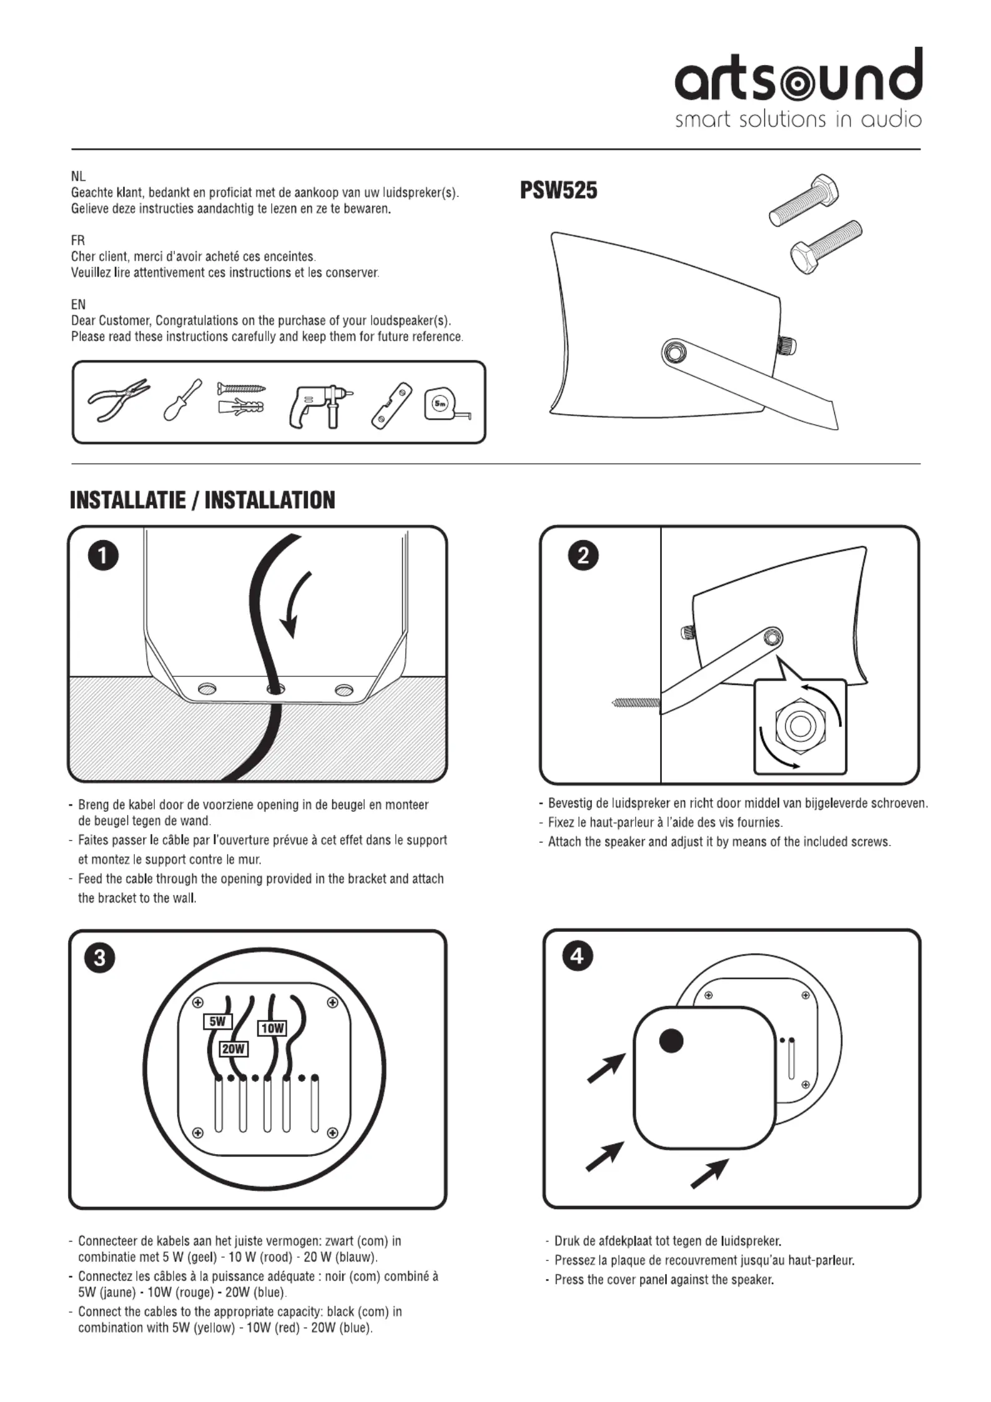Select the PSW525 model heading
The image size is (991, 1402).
point(559,190)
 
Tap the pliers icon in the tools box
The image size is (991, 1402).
point(119,400)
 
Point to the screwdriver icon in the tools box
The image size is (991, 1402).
point(182,400)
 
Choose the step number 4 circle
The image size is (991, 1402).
point(578,956)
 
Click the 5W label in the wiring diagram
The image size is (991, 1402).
point(217,1022)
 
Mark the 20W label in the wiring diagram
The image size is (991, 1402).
point(234,1049)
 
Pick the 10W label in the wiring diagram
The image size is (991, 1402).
point(272,1028)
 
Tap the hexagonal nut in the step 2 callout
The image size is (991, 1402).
point(799,726)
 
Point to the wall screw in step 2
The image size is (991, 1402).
point(636,703)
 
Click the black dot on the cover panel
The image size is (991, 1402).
point(672,1040)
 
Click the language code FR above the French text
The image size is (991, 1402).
point(78,240)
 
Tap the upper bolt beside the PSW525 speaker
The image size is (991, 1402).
point(804,201)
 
